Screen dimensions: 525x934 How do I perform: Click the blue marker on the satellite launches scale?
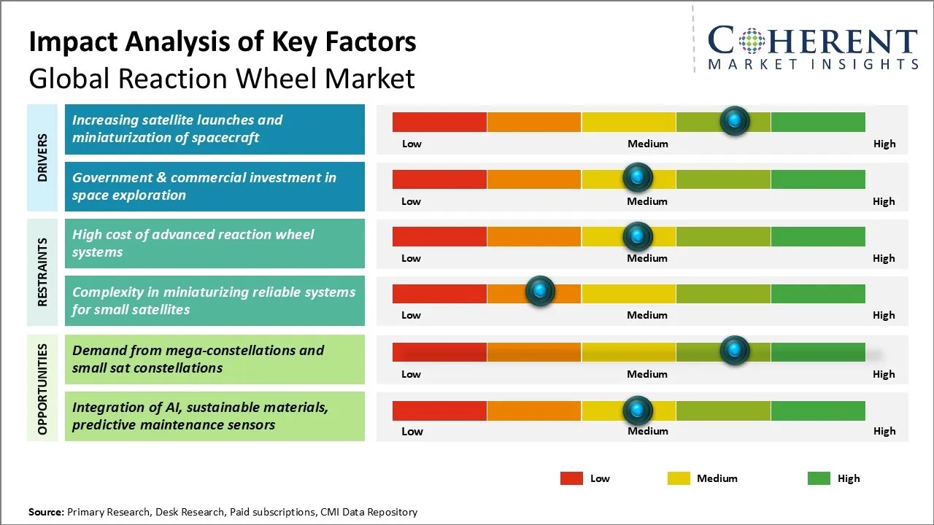click(x=734, y=120)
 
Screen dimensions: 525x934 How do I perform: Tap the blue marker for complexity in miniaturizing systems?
click(x=540, y=292)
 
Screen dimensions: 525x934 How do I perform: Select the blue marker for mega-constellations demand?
click(x=734, y=351)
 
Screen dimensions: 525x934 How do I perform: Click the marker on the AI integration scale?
click(x=638, y=411)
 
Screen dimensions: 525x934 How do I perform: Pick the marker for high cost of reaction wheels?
click(x=638, y=236)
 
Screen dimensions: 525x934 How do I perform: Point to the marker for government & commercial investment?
click(x=638, y=177)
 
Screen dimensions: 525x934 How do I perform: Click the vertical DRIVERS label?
click(x=43, y=157)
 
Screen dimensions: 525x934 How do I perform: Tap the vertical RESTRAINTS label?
click(x=43, y=272)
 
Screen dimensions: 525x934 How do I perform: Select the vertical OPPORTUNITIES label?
click(x=43, y=389)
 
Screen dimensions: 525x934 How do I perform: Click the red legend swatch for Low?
click(x=571, y=478)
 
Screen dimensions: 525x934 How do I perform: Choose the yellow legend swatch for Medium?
click(x=679, y=478)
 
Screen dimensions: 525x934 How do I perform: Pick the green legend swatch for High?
click(x=819, y=478)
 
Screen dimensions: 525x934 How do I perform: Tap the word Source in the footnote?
click(x=45, y=512)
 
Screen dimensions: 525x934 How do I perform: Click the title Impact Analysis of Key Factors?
click(x=223, y=42)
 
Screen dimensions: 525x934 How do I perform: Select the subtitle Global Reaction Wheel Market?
click(x=222, y=79)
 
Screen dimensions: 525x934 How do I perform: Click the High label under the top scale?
click(x=884, y=144)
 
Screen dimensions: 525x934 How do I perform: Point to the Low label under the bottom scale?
click(x=412, y=431)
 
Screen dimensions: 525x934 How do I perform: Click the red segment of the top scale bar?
click(x=439, y=122)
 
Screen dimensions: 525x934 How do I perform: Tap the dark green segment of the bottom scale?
click(x=817, y=411)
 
